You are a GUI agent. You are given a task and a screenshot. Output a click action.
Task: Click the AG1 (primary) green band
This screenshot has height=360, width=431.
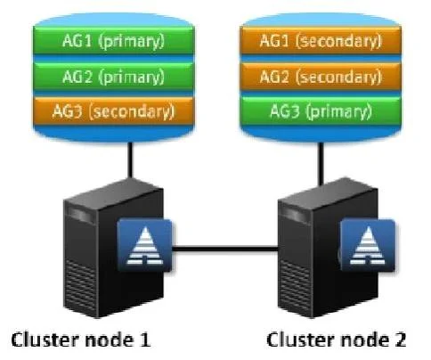pos(114,40)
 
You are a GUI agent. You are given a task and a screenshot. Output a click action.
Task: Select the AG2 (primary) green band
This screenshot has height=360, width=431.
pos(114,76)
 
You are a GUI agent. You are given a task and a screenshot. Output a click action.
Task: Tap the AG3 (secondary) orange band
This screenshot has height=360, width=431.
pos(114,111)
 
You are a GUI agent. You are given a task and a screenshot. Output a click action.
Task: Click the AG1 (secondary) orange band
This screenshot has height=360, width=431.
pos(321,40)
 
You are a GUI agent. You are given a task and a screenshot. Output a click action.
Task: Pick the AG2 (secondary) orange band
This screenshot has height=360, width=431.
pos(321,76)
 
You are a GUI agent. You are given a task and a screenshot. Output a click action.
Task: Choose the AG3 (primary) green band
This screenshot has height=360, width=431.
pos(321,111)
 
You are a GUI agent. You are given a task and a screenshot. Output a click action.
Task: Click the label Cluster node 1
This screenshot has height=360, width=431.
pos(81,340)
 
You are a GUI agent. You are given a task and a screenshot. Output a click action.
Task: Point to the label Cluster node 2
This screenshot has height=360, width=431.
pos(337,340)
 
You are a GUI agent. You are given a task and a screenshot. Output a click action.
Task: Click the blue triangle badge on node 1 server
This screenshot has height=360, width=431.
pos(144,245)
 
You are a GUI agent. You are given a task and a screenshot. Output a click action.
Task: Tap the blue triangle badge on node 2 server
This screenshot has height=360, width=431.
pos(368,245)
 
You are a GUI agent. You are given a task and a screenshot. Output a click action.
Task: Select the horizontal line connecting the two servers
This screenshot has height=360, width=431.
pos(225,249)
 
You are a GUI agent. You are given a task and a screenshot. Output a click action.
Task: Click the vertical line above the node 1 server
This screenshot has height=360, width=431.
pos(130,160)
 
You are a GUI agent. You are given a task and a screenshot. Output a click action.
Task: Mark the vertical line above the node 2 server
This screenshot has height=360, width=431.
pos(321,164)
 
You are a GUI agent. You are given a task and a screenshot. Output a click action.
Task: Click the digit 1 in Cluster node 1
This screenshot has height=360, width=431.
pos(145,340)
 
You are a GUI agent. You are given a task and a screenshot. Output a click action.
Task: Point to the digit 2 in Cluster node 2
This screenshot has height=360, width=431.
pos(400,340)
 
